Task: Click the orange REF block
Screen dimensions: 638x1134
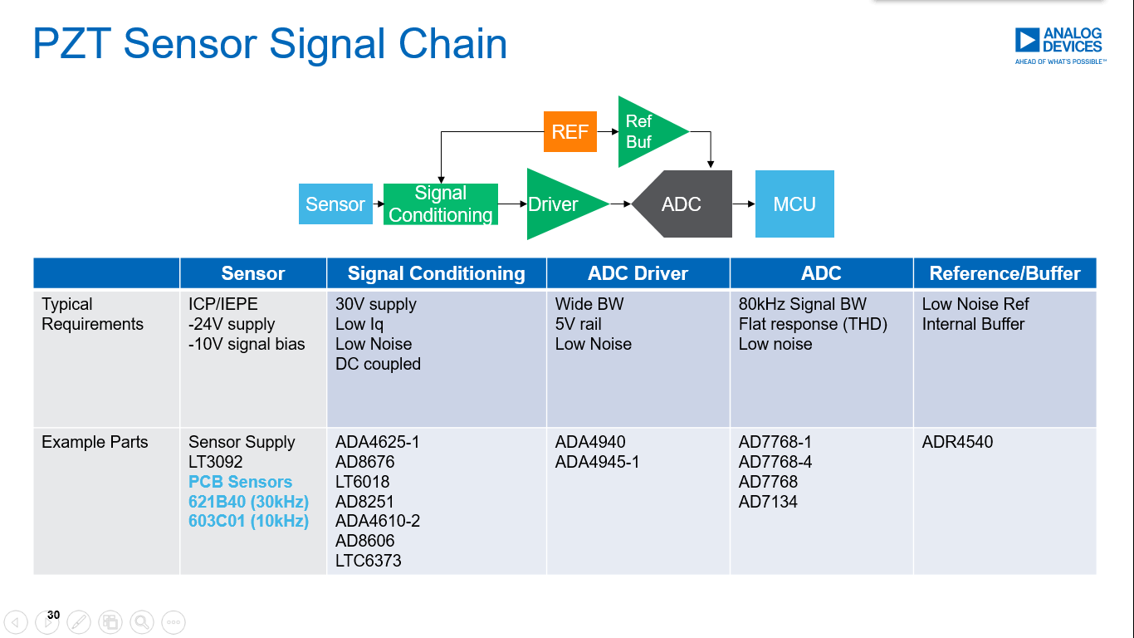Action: pyautogui.click(x=569, y=131)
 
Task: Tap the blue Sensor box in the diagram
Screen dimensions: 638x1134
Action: pyautogui.click(x=335, y=204)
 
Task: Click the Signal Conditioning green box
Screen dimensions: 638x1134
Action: pyautogui.click(x=440, y=204)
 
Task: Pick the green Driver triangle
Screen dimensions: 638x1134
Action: pyautogui.click(x=558, y=204)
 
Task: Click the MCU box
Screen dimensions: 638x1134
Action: pyautogui.click(x=794, y=204)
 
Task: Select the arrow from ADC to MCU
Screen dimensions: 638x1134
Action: pyautogui.click(x=743, y=204)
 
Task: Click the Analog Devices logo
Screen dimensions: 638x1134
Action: pyautogui.click(x=1059, y=46)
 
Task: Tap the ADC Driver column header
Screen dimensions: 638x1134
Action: pyautogui.click(x=638, y=273)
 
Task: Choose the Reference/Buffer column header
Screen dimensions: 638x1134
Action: pyautogui.click(x=1004, y=273)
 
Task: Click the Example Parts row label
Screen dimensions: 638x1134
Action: pyautogui.click(x=95, y=442)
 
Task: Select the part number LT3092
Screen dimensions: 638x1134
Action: pyautogui.click(x=217, y=462)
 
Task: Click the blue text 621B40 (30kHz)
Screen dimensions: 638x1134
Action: pyautogui.click(x=248, y=502)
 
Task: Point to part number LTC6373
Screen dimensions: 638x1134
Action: pyautogui.click(x=368, y=561)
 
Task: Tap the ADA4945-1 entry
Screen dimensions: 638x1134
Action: pyautogui.click(x=597, y=462)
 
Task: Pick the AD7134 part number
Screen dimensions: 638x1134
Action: pyautogui.click(x=768, y=502)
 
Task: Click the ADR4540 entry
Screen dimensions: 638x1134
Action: pyautogui.click(x=957, y=442)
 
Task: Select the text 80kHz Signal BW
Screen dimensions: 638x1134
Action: pyautogui.click(x=802, y=304)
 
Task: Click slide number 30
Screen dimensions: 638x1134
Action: pyautogui.click(x=53, y=616)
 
